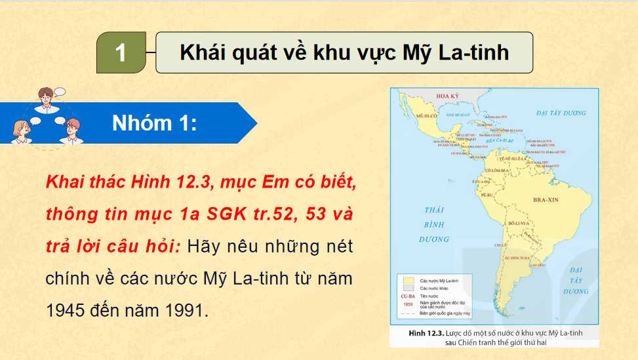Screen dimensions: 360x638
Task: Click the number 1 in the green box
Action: point(121,52)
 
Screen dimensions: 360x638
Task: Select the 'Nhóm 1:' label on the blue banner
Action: point(154,123)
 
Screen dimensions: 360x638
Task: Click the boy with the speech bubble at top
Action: point(46,98)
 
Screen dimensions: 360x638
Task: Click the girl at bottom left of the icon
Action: point(19,130)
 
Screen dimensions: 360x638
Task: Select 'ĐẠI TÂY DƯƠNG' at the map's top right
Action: point(560,113)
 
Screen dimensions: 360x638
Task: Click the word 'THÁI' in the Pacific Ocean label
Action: point(434,210)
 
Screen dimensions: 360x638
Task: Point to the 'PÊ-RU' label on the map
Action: point(487,195)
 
